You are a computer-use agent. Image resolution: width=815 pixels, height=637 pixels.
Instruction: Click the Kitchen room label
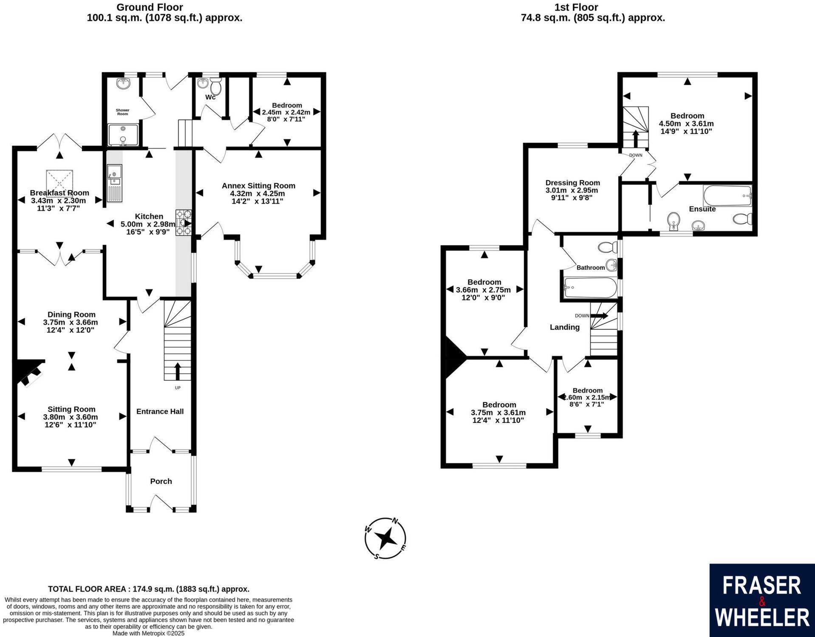tap(149, 216)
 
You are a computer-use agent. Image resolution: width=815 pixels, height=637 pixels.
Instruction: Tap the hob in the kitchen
tap(184, 223)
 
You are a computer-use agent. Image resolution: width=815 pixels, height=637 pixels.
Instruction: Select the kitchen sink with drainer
tap(114, 183)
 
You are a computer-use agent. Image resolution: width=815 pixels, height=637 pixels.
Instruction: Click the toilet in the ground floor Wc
tap(216, 87)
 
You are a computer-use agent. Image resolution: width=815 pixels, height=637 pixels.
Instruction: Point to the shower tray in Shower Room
tap(123, 135)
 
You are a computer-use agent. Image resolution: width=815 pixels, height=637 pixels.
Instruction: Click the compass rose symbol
tap(385, 538)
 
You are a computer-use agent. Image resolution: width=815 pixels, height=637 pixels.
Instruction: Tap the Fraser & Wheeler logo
tap(762, 600)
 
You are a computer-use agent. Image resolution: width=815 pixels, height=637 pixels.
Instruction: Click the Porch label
tap(161, 481)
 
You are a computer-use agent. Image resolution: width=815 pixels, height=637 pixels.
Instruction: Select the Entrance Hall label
tap(160, 411)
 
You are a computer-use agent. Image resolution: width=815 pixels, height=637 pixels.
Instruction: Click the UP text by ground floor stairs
tap(178, 388)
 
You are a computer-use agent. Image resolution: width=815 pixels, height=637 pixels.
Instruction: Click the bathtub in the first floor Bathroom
tap(590, 288)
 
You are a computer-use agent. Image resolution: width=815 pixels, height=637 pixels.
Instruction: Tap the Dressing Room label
tap(572, 183)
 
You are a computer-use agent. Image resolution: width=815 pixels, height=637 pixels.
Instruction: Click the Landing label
tap(564, 327)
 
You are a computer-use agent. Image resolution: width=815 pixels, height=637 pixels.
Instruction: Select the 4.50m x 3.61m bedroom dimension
tap(686, 124)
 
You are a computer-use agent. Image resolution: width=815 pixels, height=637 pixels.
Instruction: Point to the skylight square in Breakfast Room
tap(59, 181)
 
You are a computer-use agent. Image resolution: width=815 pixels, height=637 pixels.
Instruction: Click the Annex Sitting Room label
tap(258, 186)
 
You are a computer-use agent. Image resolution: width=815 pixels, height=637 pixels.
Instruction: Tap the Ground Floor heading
tap(150, 7)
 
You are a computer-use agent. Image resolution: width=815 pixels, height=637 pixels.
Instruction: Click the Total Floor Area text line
tap(148, 589)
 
